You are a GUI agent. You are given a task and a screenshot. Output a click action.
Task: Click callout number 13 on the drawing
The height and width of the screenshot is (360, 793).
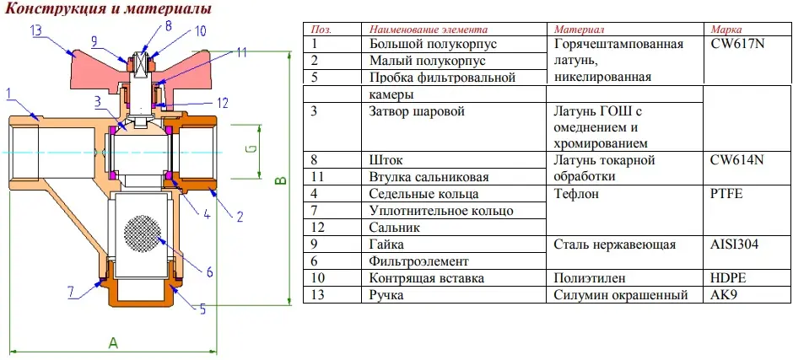[39, 31]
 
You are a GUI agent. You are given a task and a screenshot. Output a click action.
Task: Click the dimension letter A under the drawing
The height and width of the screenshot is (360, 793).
[113, 343]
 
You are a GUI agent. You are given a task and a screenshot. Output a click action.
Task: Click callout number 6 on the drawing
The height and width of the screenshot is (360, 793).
[209, 272]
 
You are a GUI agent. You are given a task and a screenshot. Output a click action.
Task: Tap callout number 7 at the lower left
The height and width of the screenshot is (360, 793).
[72, 291]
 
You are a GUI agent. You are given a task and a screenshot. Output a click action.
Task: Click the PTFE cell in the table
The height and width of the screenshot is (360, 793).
[726, 194]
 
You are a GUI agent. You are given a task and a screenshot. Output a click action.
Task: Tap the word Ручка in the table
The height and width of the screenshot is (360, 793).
[386, 295]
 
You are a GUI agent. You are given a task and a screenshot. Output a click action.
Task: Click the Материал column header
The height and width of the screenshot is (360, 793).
[579, 29]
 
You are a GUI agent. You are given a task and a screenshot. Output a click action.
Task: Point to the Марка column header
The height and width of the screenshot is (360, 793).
[726, 29]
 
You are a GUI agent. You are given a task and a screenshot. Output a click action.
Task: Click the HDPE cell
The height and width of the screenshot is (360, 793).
[729, 278]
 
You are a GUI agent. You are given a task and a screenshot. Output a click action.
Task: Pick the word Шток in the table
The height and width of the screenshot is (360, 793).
[386, 161]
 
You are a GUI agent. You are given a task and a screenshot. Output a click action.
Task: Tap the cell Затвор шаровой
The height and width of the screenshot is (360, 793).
[418, 111]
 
